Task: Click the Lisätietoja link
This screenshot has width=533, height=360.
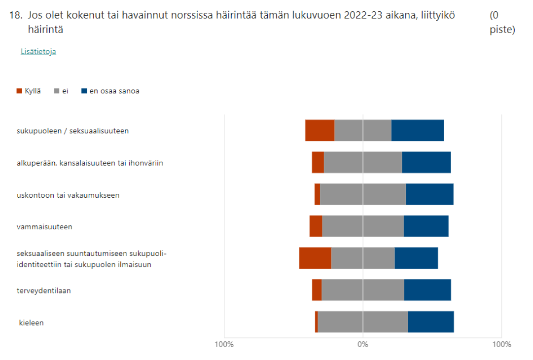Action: click(x=38, y=52)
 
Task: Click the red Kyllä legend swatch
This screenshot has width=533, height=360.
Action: click(x=20, y=91)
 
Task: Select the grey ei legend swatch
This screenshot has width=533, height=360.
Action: click(x=57, y=91)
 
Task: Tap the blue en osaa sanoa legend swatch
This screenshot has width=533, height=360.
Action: click(x=84, y=91)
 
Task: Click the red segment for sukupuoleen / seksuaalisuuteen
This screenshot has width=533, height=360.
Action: click(x=320, y=131)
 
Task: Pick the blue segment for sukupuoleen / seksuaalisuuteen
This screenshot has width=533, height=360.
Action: click(x=418, y=131)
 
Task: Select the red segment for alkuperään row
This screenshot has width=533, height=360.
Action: click(x=318, y=162)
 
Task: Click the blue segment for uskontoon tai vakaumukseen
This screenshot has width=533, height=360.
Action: click(x=429, y=194)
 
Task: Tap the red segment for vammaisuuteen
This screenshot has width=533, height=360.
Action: click(x=316, y=226)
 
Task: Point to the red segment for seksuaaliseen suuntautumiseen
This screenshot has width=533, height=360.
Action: click(x=315, y=258)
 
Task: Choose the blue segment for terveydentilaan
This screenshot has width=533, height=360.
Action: click(x=427, y=290)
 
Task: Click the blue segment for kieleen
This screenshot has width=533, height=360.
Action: click(x=431, y=322)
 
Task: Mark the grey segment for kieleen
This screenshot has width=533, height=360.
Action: click(x=363, y=322)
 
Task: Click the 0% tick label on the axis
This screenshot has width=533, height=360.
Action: click(x=363, y=344)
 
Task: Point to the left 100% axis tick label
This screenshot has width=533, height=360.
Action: click(x=224, y=344)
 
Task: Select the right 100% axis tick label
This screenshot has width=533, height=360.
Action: click(x=501, y=344)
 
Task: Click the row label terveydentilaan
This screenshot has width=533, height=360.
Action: click(x=44, y=291)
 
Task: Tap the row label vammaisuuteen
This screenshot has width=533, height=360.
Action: click(x=44, y=227)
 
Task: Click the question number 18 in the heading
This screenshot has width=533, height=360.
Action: click(x=16, y=15)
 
